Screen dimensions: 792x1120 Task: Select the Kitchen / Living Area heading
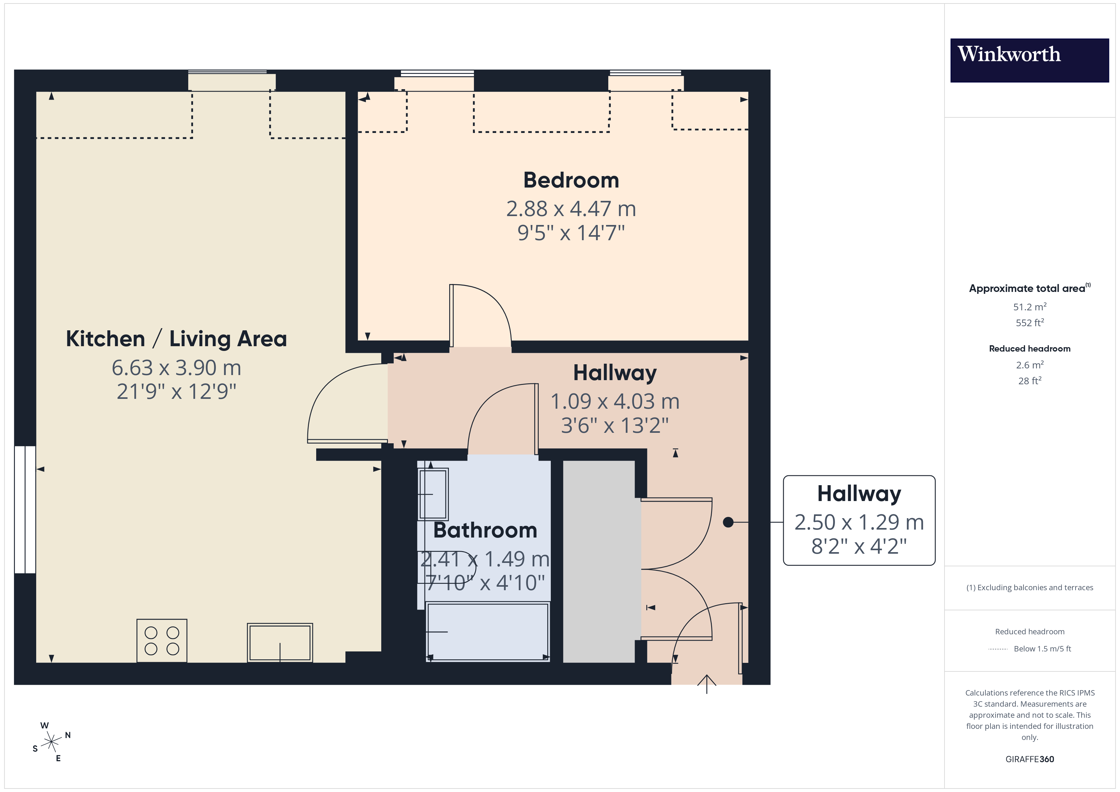point(176,339)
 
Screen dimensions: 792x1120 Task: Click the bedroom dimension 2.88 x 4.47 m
point(571,209)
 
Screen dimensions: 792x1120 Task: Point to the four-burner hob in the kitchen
point(162,640)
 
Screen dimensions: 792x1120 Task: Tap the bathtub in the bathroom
point(487,631)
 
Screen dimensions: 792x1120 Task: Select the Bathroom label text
point(485,530)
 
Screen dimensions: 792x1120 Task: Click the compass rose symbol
point(51,742)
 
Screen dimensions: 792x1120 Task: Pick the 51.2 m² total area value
point(1029,307)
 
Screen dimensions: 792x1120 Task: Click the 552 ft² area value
point(1029,323)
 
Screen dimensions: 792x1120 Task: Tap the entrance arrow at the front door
point(706,683)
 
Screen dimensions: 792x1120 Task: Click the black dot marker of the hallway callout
point(728,522)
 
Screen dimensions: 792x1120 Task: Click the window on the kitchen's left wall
point(25,509)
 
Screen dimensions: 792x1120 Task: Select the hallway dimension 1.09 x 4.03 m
point(615,402)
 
